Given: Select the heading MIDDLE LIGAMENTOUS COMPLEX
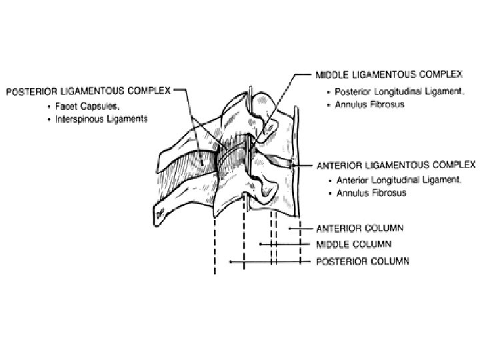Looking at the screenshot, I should point(385,77).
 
